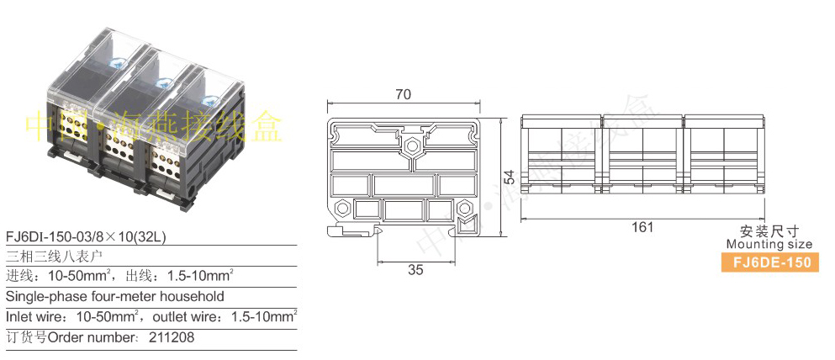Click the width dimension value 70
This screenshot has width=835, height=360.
point(403,94)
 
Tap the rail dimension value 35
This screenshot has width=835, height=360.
point(415,269)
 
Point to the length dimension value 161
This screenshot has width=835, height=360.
point(642,227)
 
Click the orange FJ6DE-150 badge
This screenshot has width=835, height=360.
point(770,262)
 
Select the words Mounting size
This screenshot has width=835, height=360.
point(769,245)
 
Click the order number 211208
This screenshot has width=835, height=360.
point(172,337)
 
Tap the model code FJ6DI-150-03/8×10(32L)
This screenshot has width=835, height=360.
point(86,237)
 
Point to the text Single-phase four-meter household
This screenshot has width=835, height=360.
point(115,296)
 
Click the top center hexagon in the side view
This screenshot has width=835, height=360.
point(411,146)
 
